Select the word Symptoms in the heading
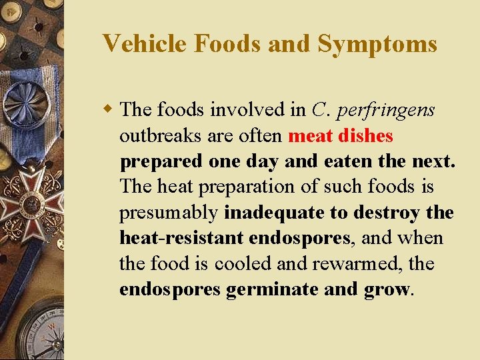[377, 44]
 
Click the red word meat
[314, 136]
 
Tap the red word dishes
[369, 136]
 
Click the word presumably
[169, 213]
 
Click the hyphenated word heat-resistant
[181, 238]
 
